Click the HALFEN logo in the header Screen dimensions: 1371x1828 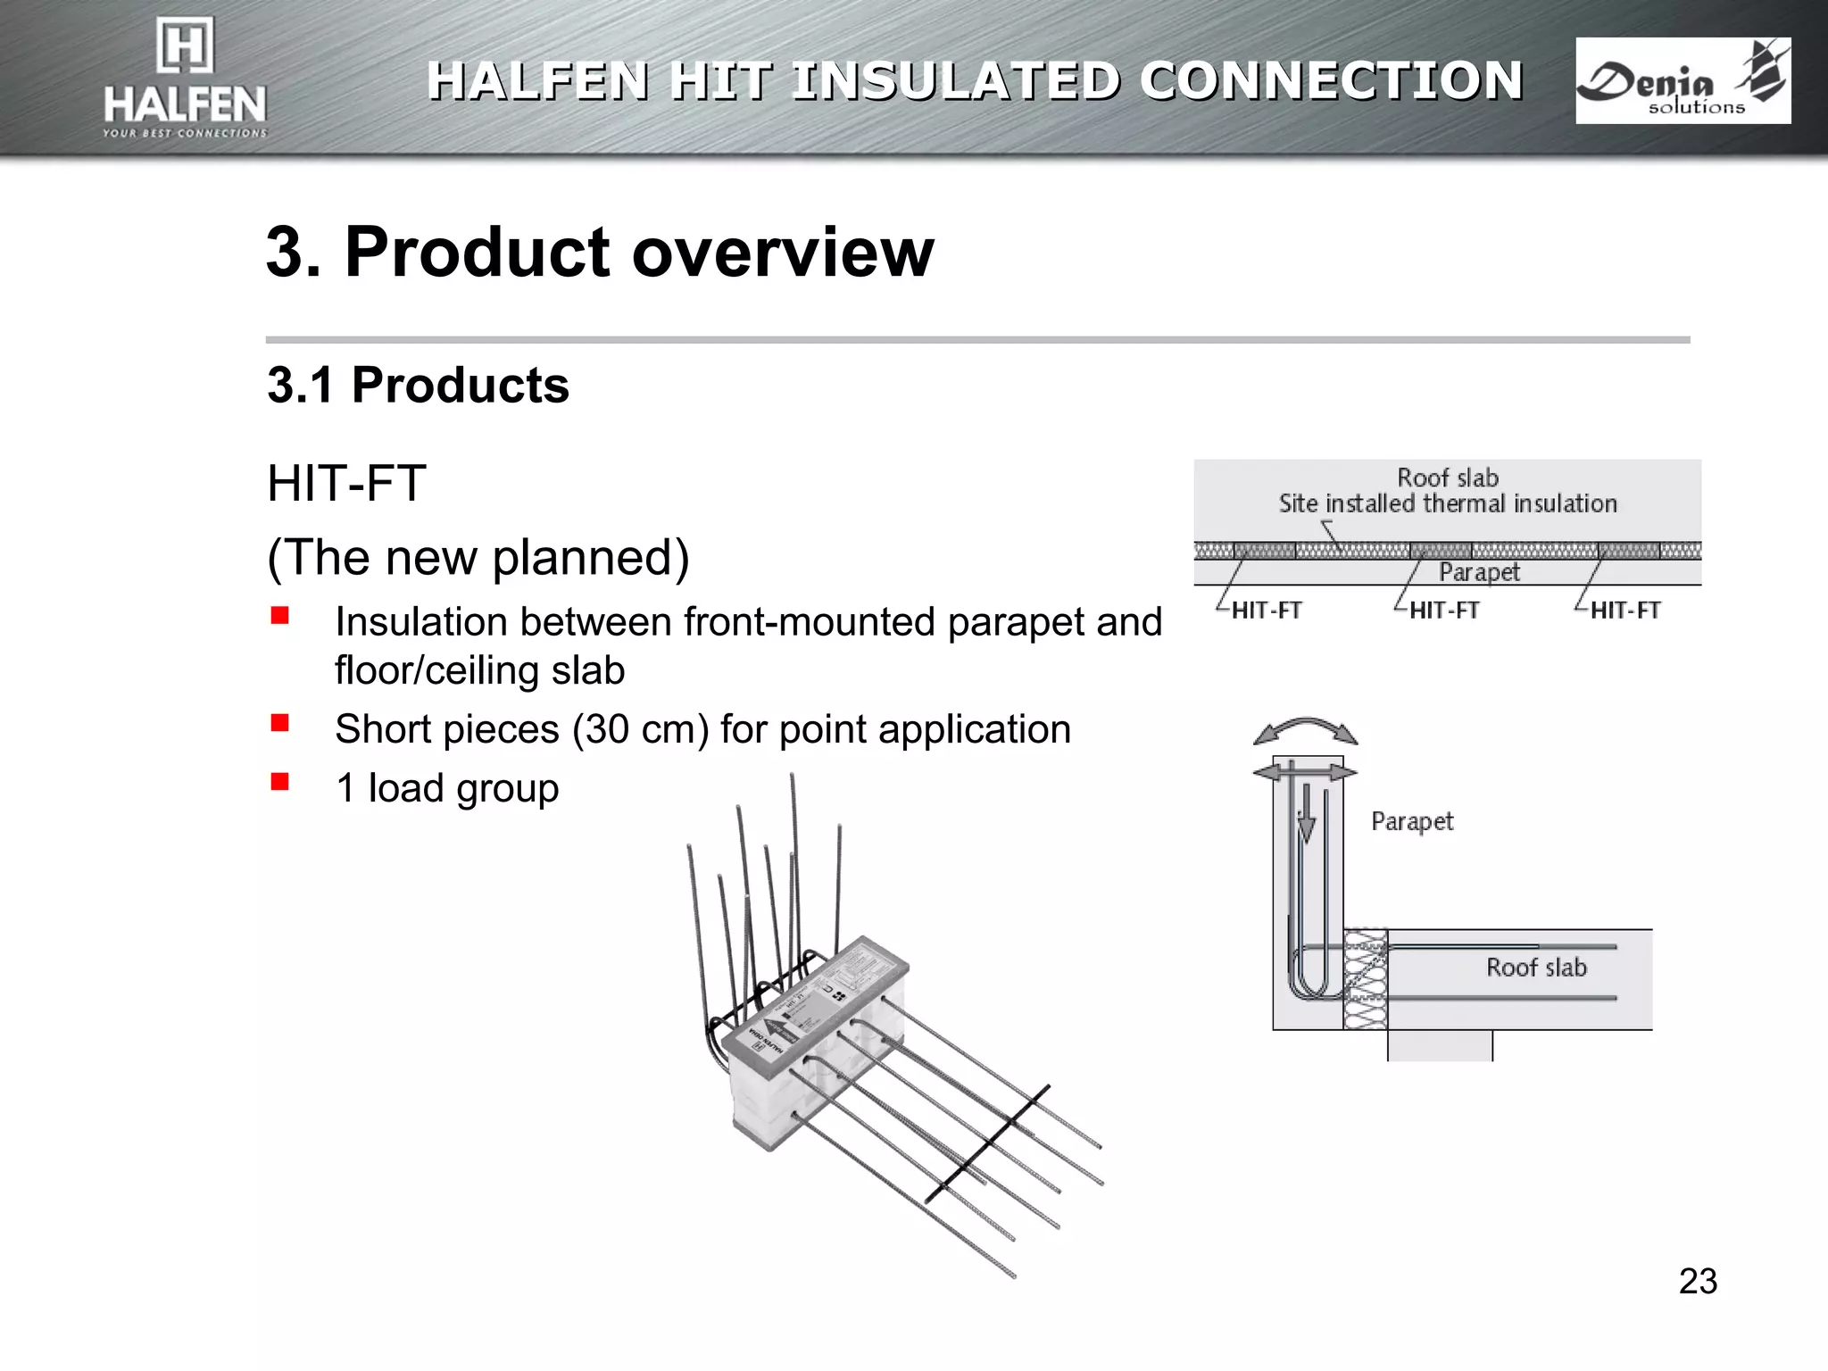[185, 80]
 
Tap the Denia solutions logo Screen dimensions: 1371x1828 [1683, 81]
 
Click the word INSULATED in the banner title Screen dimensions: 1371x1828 [954, 81]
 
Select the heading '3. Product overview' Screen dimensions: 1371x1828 [600, 252]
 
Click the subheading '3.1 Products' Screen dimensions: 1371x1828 [418, 386]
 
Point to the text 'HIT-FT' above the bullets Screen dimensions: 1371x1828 [346, 484]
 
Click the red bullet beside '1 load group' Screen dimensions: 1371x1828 [280, 782]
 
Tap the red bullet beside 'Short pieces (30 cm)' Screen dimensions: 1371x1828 [280, 723]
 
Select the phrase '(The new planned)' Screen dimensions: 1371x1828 [478, 558]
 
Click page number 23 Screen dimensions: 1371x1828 [1698, 1281]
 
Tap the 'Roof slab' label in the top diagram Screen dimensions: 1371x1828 [1447, 478]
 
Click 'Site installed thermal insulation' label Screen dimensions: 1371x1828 [1447, 504]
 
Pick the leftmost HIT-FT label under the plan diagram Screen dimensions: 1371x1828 [1266, 611]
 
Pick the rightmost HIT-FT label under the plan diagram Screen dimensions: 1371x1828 [1624, 611]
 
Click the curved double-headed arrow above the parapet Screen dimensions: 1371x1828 [1306, 728]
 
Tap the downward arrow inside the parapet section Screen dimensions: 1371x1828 [1307, 817]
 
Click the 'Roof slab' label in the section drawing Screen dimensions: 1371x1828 [1536, 968]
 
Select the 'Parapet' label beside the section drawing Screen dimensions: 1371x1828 [1412, 821]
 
